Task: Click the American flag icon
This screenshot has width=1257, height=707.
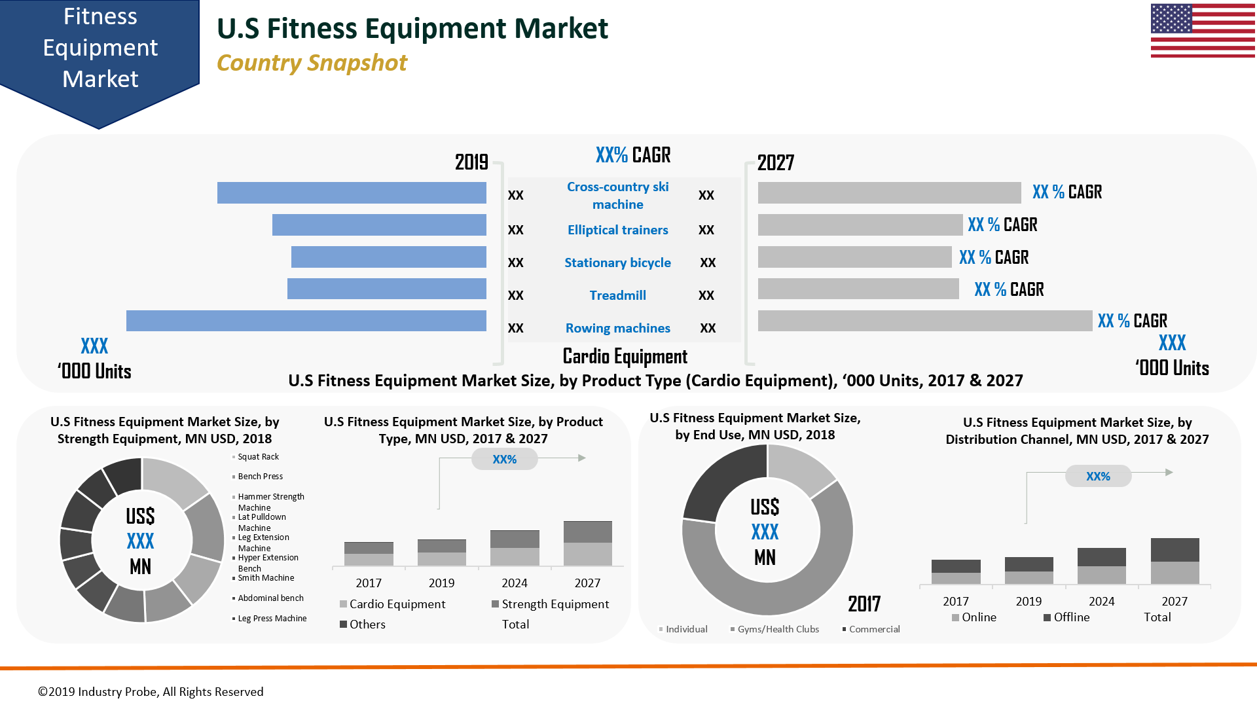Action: pyautogui.click(x=1203, y=31)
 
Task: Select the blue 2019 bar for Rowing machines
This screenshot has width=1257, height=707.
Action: pyautogui.click(x=306, y=321)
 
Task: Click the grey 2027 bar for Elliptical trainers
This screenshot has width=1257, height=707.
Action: pyautogui.click(x=860, y=225)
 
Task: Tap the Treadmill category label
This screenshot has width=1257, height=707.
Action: pyautogui.click(x=617, y=295)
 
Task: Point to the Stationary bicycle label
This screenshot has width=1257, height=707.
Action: pyautogui.click(x=617, y=263)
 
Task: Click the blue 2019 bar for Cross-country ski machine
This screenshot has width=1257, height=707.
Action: pyautogui.click(x=352, y=192)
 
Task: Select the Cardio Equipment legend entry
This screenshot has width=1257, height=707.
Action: pyautogui.click(x=392, y=604)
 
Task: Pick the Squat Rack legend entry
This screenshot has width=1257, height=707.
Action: pyautogui.click(x=258, y=457)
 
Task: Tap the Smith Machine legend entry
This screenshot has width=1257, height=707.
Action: pyautogui.click(x=265, y=578)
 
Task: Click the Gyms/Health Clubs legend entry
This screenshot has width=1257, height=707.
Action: pyautogui.click(x=777, y=629)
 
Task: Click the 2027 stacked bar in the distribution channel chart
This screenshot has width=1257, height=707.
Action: pyautogui.click(x=1175, y=561)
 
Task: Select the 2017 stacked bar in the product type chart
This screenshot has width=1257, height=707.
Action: pyautogui.click(x=369, y=554)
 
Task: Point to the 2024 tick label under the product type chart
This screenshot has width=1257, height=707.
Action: pyautogui.click(x=515, y=583)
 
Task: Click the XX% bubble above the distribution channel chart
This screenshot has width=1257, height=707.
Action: pyautogui.click(x=1098, y=476)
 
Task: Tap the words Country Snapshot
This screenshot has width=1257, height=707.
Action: pyautogui.click(x=312, y=63)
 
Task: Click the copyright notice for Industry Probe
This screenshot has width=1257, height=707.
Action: pyautogui.click(x=151, y=692)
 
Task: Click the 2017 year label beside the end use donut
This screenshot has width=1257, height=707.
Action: pyautogui.click(x=864, y=604)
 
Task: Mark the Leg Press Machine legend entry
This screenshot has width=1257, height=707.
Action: pyautogui.click(x=272, y=619)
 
